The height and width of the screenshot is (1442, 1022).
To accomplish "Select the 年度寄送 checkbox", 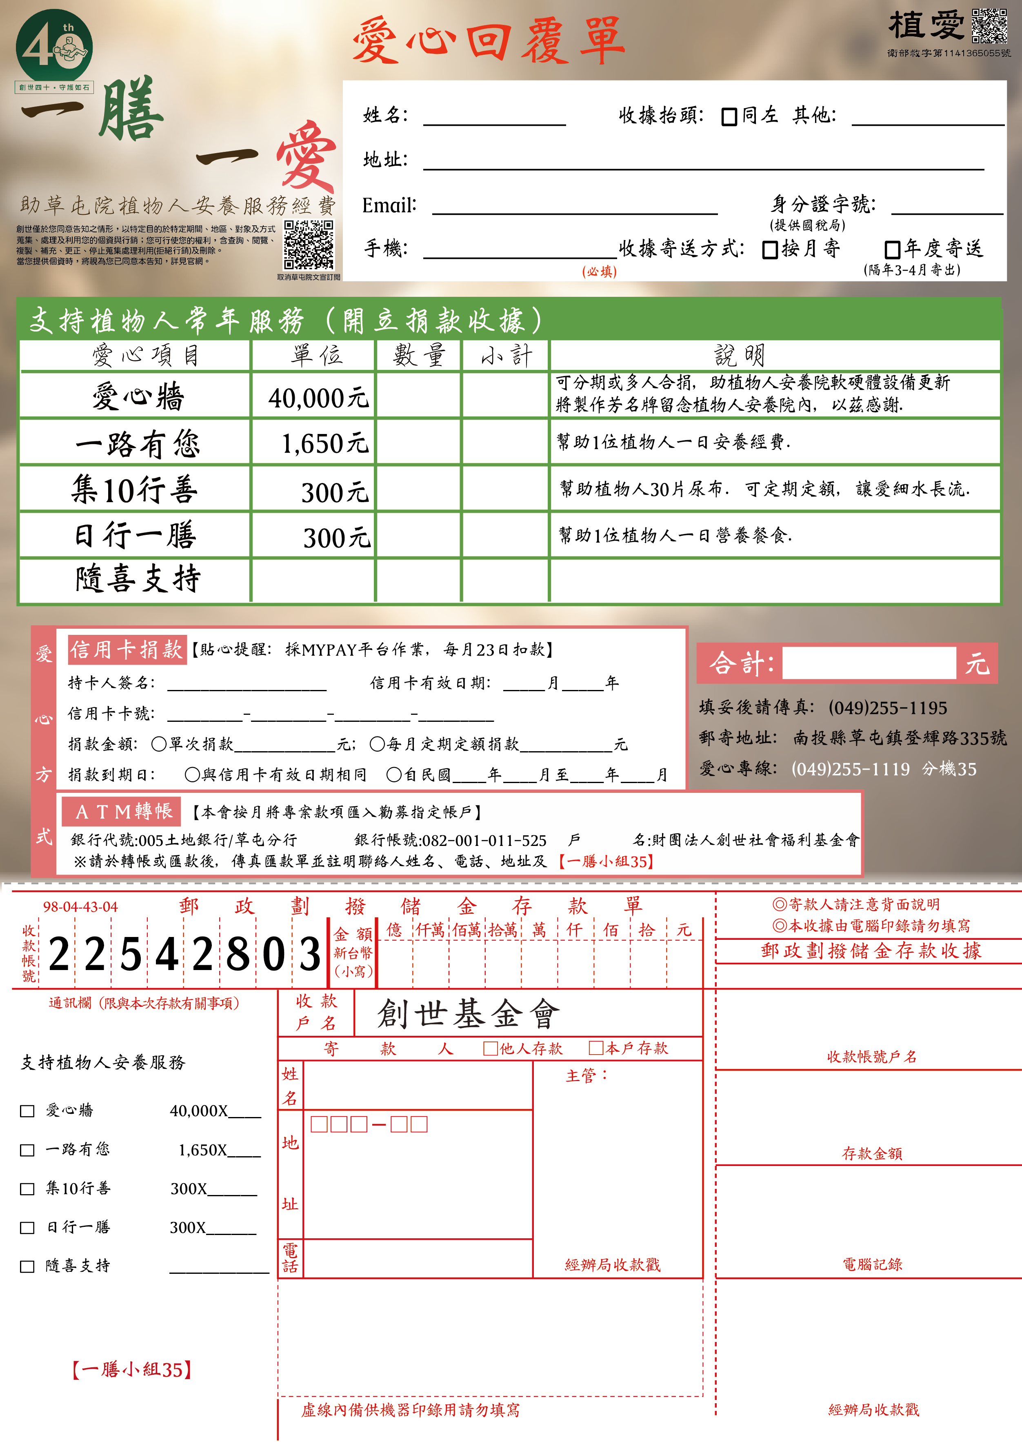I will tap(892, 250).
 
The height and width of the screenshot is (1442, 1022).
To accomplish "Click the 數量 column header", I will tap(418, 356).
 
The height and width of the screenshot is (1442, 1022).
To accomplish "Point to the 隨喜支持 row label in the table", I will tap(137, 579).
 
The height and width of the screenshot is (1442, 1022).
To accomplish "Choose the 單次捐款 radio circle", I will tap(159, 744).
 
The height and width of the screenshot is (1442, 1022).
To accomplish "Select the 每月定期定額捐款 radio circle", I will tap(377, 744).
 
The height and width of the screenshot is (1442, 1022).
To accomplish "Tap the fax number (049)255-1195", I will tap(887, 708).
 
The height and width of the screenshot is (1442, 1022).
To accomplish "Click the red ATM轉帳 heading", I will tap(122, 811).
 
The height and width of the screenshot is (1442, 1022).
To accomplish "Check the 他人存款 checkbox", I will tap(490, 1048).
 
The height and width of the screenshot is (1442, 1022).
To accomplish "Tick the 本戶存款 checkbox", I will tap(595, 1048).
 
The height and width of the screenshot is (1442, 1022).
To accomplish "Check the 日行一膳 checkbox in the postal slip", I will tap(27, 1227).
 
